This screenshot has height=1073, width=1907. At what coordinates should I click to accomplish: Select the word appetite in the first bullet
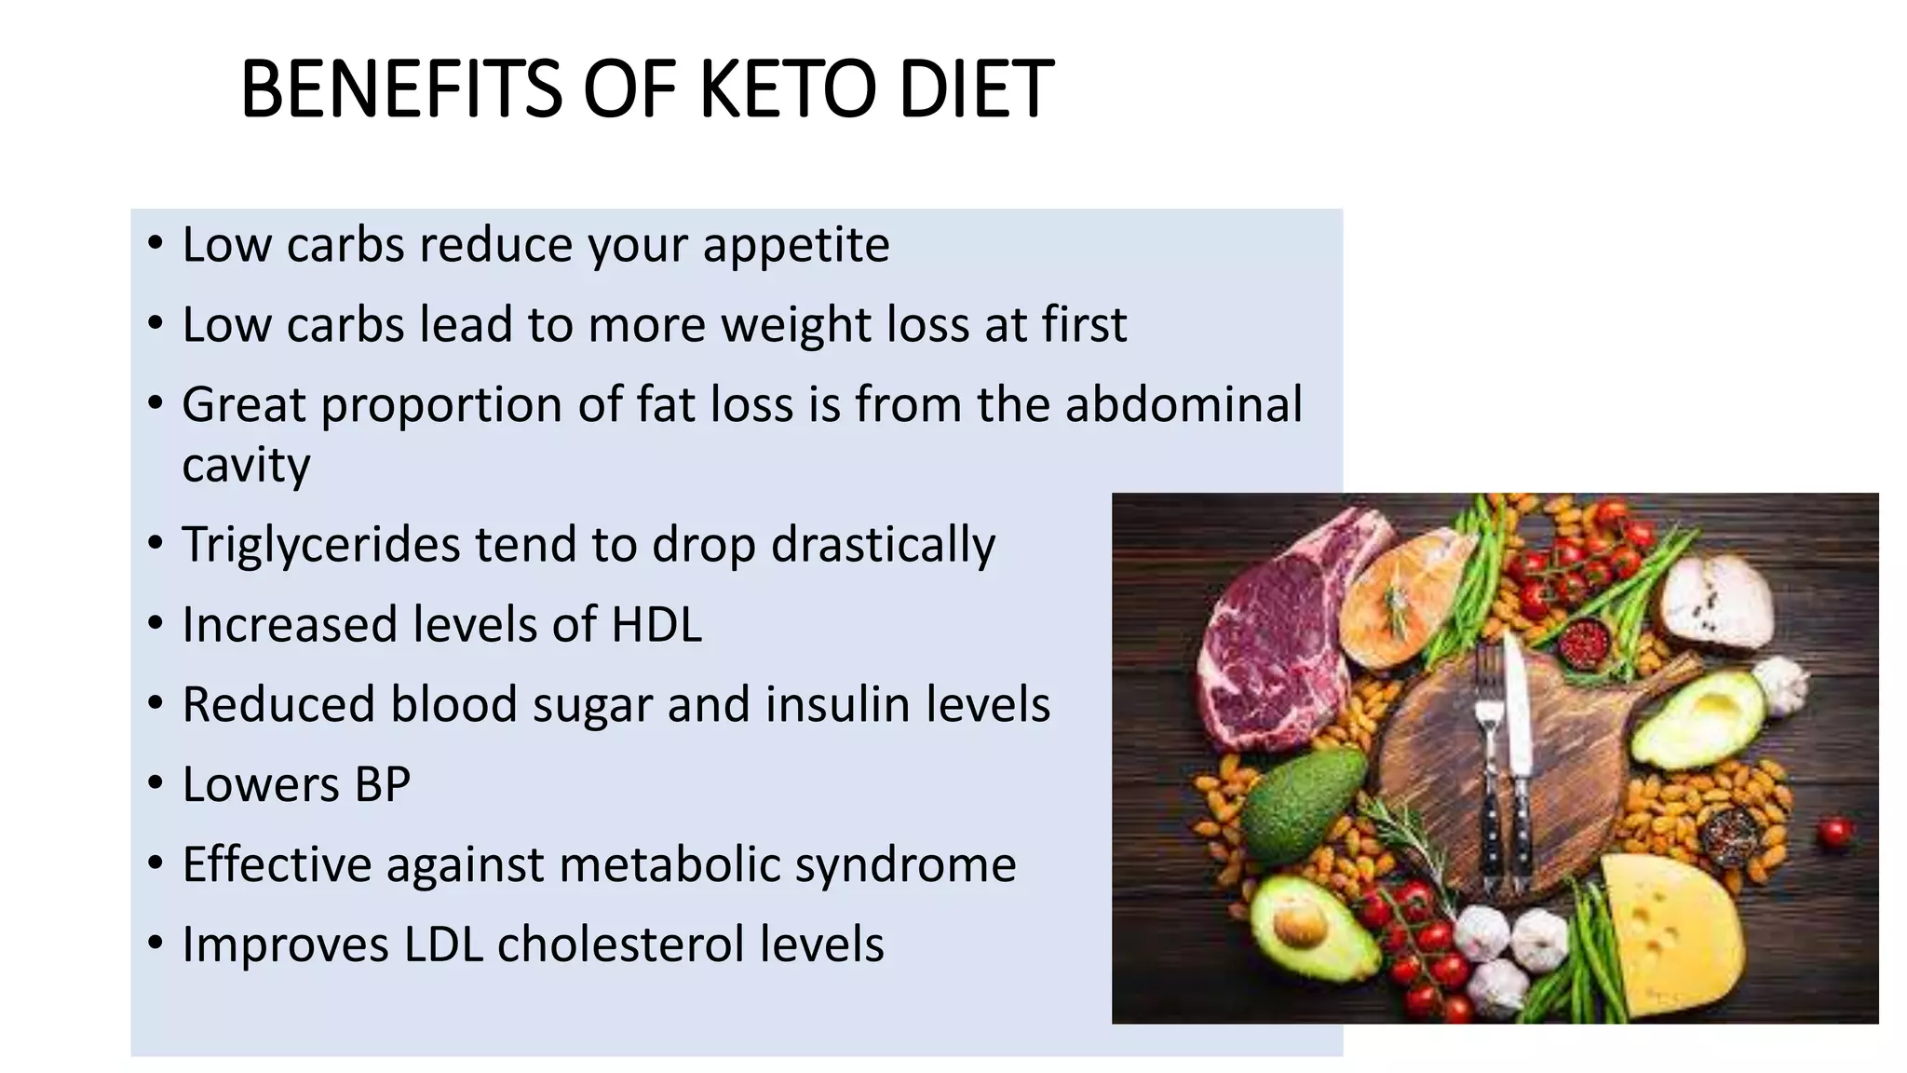[x=795, y=246]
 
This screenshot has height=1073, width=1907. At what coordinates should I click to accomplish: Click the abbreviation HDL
[x=656, y=624]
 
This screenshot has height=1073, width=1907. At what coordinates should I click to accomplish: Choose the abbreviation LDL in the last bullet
[x=443, y=944]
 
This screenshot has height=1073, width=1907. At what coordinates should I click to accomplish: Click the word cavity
[x=246, y=466]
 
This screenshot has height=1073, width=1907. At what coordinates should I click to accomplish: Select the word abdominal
[x=1183, y=405]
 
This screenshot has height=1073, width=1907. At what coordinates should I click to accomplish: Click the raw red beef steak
[x=1266, y=643]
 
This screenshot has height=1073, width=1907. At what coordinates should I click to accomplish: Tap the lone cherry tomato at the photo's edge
[x=1834, y=831]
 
